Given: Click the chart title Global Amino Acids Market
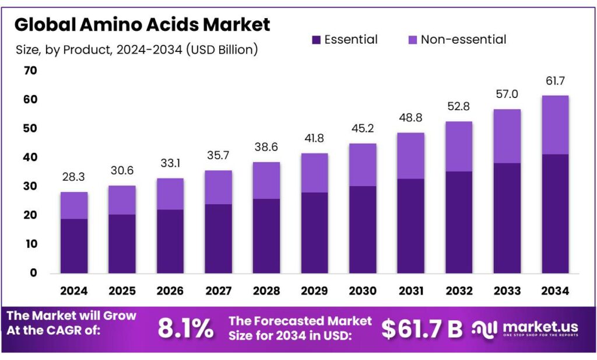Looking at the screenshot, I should coord(142,25).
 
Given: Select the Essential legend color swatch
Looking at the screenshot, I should coord(316,40).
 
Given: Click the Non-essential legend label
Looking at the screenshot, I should coord(463,40).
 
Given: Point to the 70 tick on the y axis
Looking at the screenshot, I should coord(30,71).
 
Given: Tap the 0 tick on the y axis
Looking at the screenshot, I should coord(33,272).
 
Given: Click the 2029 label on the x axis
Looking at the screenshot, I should coord(314,291).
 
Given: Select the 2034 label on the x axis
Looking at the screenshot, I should coord(554,291).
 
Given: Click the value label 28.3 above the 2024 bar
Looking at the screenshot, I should coord(74,177).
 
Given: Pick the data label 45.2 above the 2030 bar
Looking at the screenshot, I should coord(363,128).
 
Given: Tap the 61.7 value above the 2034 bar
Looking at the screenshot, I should coord(554,81).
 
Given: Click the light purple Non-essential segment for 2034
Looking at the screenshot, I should coord(554,125).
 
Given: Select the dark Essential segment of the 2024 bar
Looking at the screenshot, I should coord(74,246).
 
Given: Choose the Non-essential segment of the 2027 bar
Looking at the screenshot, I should coord(218,187).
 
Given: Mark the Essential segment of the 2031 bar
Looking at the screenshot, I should coord(410,226).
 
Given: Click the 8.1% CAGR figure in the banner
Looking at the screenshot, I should coord(185,330).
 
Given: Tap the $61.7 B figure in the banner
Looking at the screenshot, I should coord(422,330).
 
